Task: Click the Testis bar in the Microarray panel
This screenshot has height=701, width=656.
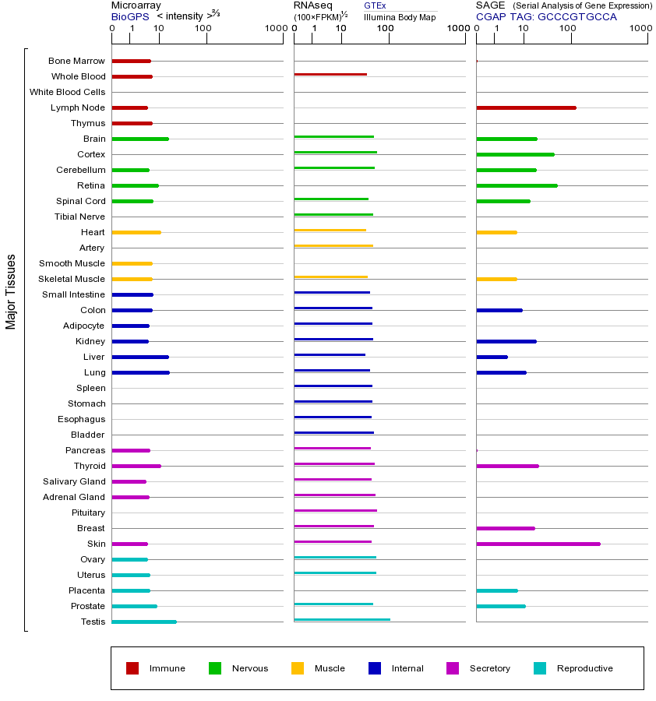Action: [x=144, y=622]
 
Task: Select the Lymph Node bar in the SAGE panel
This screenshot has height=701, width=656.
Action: [x=526, y=107]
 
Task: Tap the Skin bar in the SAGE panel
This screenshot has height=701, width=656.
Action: [x=538, y=544]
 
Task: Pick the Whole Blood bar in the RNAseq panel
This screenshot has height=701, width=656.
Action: [x=330, y=75]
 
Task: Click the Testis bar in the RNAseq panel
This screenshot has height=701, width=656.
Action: [x=342, y=619]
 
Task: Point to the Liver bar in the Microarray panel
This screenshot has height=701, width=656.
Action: [x=140, y=357]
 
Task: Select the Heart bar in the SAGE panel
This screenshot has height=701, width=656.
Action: [x=496, y=232]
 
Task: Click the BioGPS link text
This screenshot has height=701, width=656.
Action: [x=129, y=16]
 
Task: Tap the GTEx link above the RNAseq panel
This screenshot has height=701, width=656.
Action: [x=375, y=6]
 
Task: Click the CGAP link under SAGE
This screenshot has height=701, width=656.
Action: [x=491, y=16]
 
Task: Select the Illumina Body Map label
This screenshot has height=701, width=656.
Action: [x=400, y=16]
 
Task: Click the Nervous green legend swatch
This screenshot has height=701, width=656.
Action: [x=215, y=668]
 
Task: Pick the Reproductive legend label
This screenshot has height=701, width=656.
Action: [x=584, y=668]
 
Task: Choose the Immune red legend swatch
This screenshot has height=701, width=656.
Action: [x=132, y=668]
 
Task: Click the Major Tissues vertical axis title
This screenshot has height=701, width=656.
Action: [x=11, y=291]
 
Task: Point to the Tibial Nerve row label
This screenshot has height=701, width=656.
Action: [x=79, y=217]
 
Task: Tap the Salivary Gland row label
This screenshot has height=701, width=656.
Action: [x=74, y=481]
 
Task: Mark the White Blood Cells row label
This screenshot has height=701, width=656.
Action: [x=67, y=92]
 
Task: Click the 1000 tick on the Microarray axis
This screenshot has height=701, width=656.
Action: [x=274, y=29]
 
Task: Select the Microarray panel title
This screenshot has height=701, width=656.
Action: [x=136, y=5]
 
